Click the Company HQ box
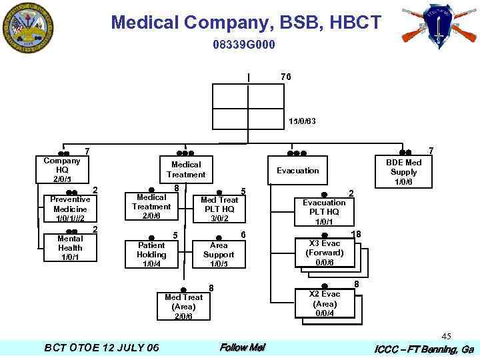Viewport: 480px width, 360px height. pos(62,170)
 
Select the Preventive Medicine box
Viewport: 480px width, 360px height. pos(70,209)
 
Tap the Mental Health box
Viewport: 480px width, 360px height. pos(70,247)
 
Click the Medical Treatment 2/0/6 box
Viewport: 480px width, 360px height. pos(151,207)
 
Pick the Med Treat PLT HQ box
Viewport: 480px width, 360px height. pos(219,209)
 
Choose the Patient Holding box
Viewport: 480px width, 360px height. pos(151,254)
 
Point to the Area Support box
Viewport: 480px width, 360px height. pos(219,254)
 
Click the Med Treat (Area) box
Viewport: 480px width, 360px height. pos(183,306)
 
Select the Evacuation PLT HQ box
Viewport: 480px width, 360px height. pos(324,211)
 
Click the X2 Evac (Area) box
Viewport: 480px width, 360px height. pos(325,303)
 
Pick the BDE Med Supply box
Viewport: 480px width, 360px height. pos(403,172)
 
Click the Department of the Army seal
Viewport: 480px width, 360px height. pos(27,27)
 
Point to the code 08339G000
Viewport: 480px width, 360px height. pos(244,45)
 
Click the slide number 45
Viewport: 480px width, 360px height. pos(446,336)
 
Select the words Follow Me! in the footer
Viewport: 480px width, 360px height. pos(242,347)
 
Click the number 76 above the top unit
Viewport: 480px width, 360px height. pos(285,77)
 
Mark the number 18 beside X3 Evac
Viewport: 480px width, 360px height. pos(357,233)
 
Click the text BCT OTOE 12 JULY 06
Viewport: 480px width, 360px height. pos(101,347)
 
